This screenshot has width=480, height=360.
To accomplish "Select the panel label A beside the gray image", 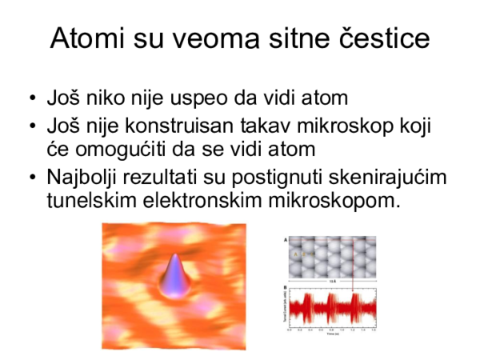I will pos(286,239).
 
